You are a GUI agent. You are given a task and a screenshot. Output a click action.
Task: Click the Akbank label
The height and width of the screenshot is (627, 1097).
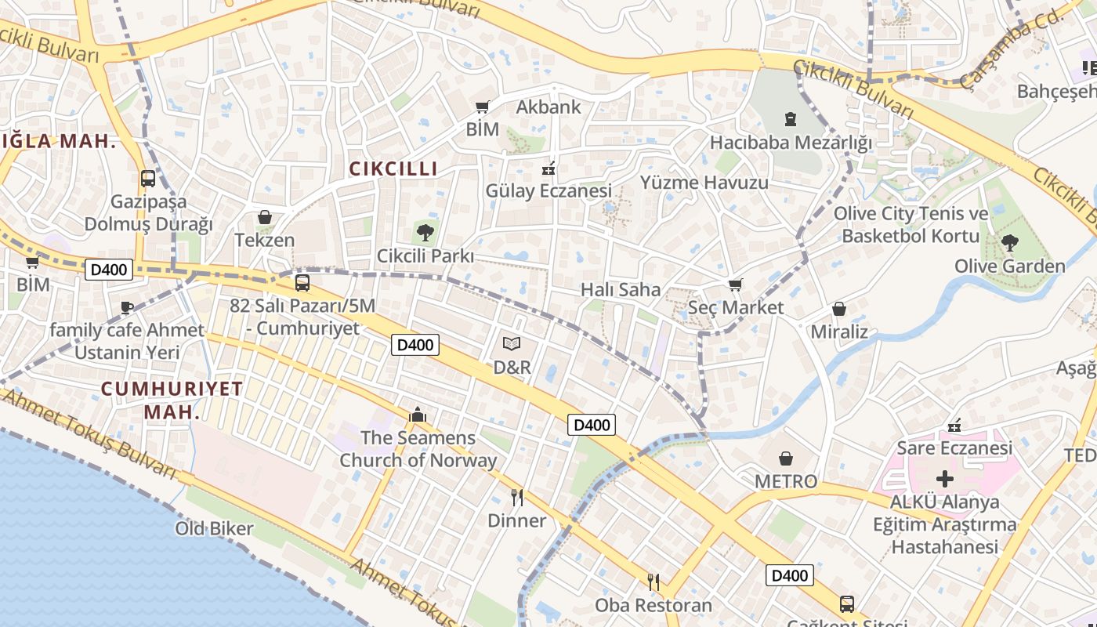[x=548, y=107]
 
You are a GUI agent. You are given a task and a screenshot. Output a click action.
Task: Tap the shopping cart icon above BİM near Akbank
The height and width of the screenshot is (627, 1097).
[x=483, y=107]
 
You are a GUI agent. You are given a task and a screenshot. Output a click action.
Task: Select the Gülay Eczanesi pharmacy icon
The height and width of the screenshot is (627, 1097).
[x=548, y=168]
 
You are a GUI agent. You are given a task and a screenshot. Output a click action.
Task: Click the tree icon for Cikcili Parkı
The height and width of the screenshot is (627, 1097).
[x=425, y=232]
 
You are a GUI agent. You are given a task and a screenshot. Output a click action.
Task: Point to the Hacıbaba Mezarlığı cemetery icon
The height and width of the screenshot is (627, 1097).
[x=790, y=119]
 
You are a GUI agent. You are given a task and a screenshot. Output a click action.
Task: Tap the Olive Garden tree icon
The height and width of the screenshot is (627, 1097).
[x=1009, y=242]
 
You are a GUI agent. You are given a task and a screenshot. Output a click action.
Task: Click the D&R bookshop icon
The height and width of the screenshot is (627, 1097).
[x=512, y=343]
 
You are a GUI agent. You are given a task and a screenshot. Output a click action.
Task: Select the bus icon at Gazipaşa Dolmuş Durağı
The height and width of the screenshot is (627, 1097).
[x=148, y=178]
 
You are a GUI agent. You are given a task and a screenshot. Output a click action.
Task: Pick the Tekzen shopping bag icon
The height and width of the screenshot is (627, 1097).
[x=265, y=216]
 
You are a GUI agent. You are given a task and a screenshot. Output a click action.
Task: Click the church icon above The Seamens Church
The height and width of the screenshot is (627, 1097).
[x=418, y=414]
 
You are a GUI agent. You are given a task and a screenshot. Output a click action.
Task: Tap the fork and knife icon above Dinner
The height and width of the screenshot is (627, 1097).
[x=516, y=497]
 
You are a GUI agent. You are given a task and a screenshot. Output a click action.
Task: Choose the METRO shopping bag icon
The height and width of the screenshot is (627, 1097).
[x=786, y=458]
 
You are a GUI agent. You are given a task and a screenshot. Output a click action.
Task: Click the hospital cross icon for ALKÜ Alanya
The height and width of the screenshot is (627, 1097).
[x=945, y=478]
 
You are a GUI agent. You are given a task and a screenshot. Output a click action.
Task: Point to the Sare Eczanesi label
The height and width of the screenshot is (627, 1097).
[x=954, y=448]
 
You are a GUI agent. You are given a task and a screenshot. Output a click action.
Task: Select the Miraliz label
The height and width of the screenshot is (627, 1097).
[x=839, y=332]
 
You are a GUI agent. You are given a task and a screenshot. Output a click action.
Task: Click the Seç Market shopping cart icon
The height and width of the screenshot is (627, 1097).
[x=735, y=285]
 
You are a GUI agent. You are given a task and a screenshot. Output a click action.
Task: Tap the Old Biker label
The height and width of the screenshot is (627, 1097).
[x=214, y=528]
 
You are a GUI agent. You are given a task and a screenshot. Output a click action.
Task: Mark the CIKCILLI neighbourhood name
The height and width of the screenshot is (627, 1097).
[x=393, y=169]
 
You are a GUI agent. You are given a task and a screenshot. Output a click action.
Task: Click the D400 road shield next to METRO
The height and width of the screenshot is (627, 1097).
[x=592, y=425]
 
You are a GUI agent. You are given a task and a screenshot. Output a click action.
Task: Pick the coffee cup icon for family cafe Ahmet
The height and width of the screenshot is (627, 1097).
[x=127, y=307]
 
